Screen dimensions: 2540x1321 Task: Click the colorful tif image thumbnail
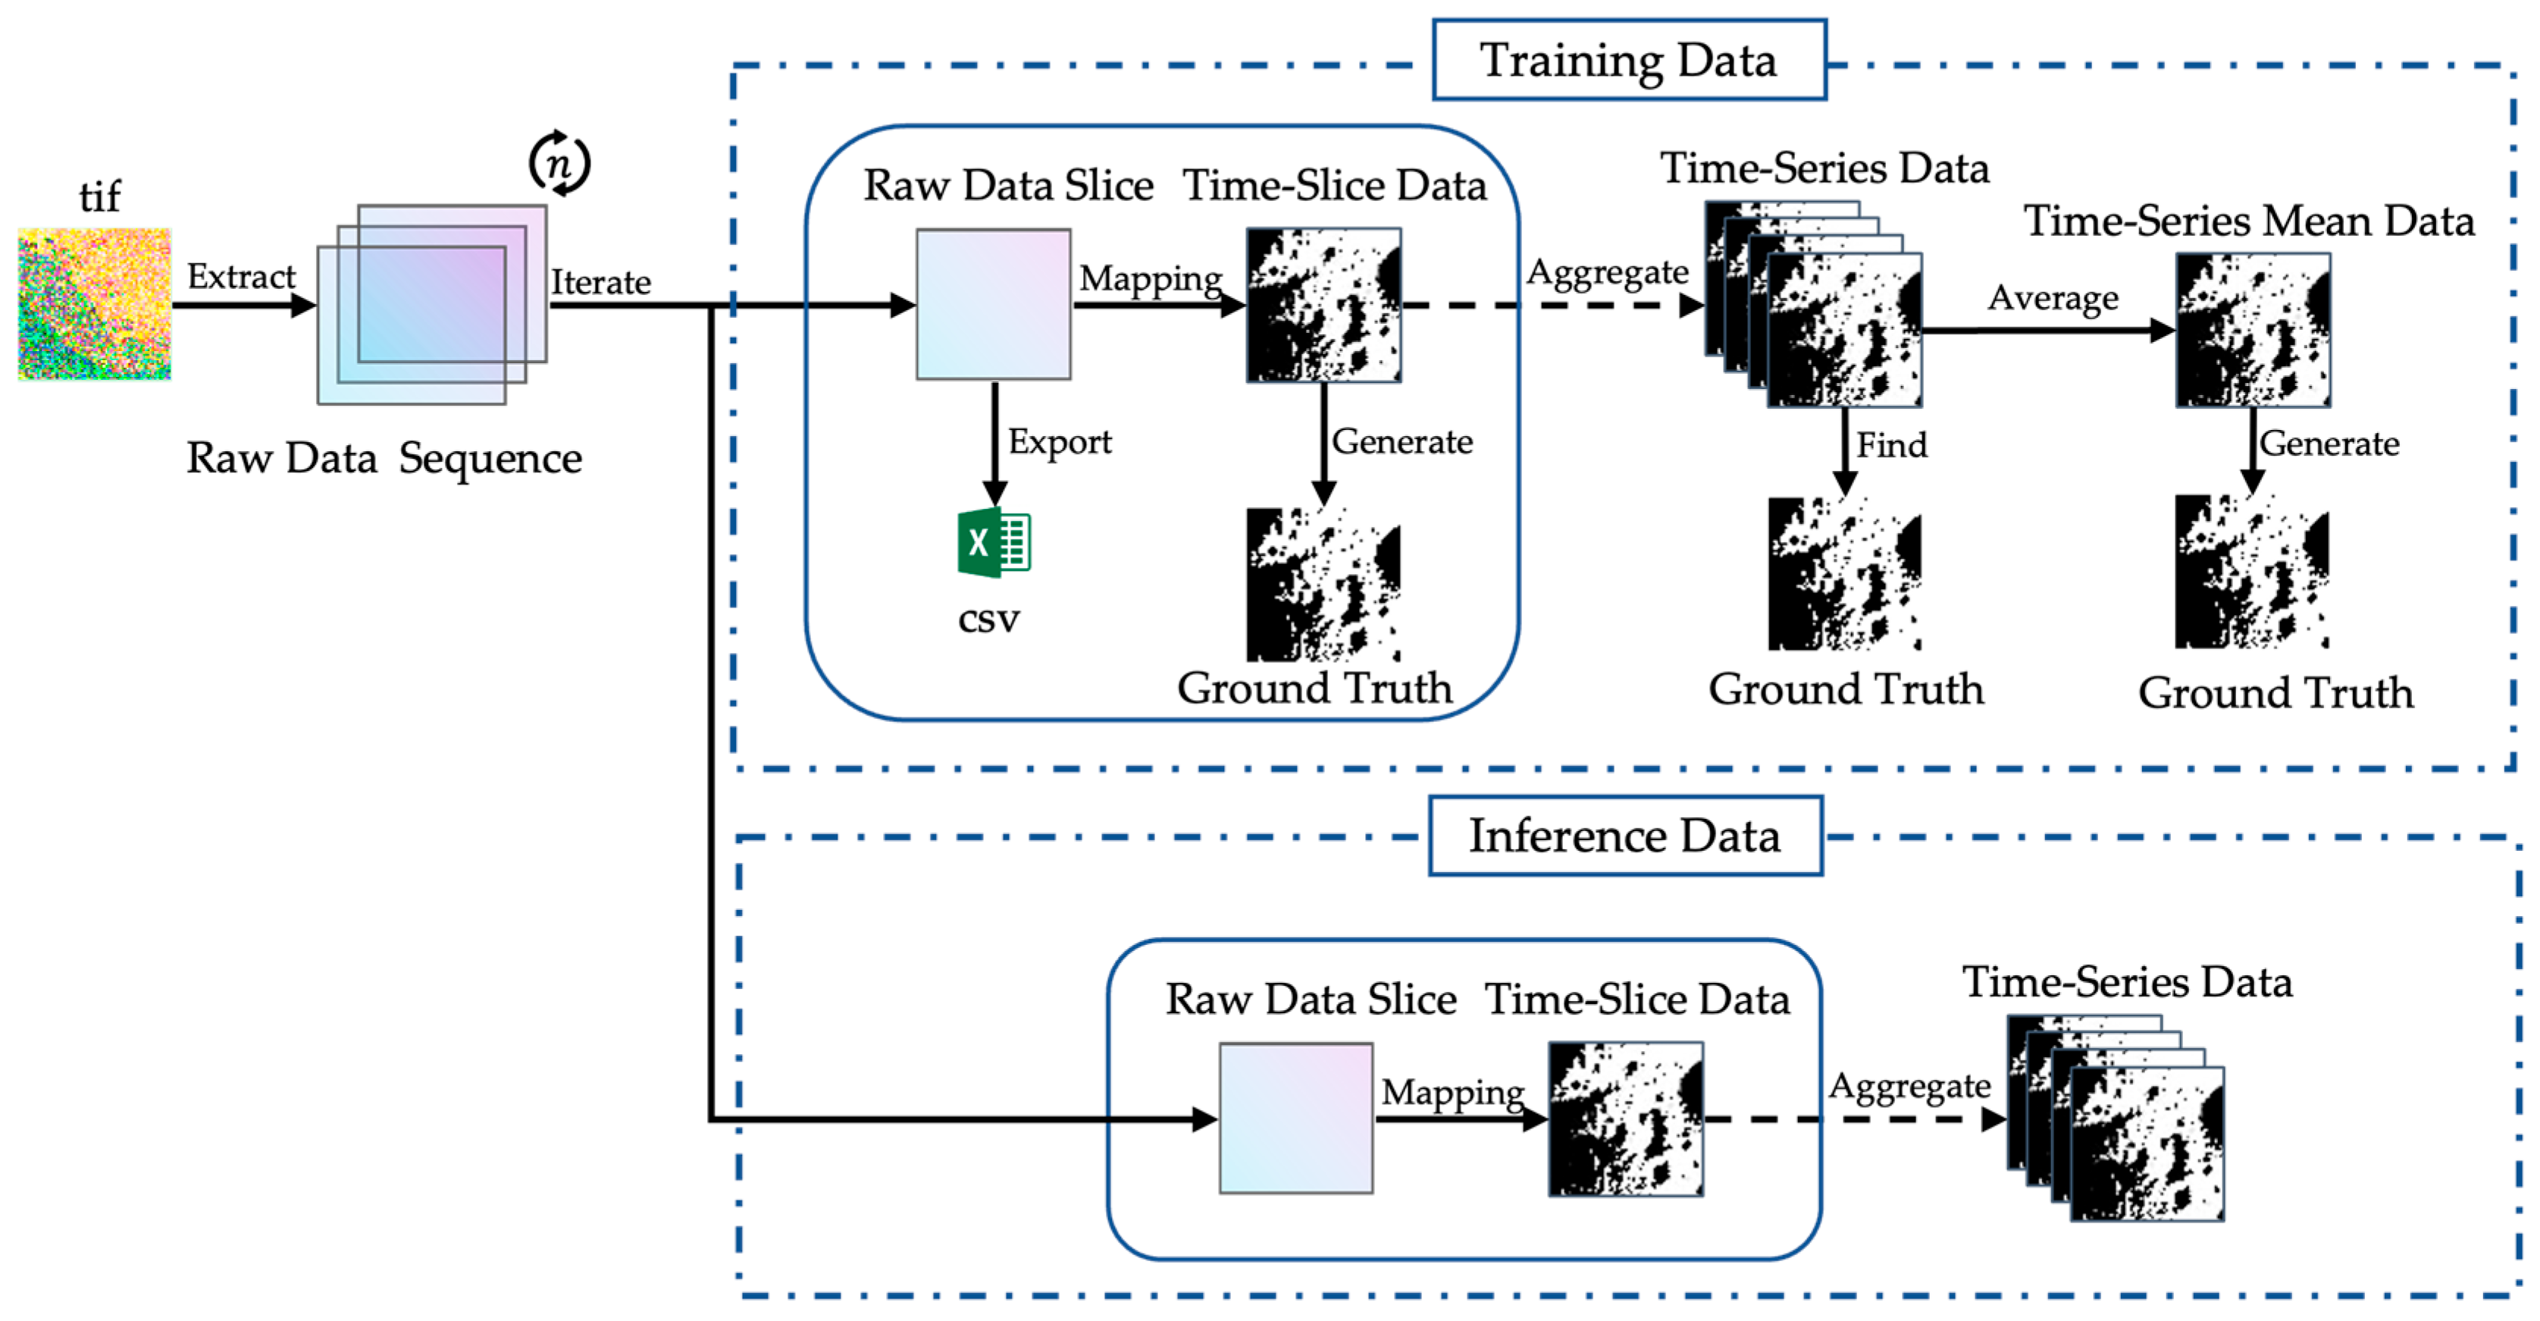pyautogui.click(x=95, y=304)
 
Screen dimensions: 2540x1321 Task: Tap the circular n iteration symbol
pyautogui.click(x=559, y=163)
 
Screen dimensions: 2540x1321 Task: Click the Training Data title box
pyautogui.click(x=1629, y=60)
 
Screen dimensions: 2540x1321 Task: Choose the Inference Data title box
pyautogui.click(x=1626, y=836)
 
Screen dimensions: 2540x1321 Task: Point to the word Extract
pyautogui.click(x=242, y=276)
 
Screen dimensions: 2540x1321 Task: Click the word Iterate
pyautogui.click(x=600, y=282)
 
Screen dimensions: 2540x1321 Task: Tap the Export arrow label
pyautogui.click(x=1060, y=442)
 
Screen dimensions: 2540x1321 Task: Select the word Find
pyautogui.click(x=1892, y=445)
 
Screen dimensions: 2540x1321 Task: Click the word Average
pyautogui.click(x=2053, y=298)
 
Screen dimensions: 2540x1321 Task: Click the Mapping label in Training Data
pyautogui.click(x=1151, y=280)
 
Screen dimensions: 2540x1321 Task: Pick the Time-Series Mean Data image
pyautogui.click(x=2253, y=331)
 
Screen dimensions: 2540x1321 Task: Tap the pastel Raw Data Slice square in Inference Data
pyautogui.click(x=1295, y=1118)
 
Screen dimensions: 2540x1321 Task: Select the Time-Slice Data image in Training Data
pyautogui.click(x=1323, y=305)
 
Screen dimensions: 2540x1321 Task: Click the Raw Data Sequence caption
pyautogui.click(x=384, y=459)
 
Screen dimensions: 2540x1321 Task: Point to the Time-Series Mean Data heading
pyautogui.click(x=2249, y=221)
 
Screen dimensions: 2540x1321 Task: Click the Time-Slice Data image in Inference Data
pyautogui.click(x=1625, y=1119)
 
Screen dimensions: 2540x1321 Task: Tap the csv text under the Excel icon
pyautogui.click(x=989, y=620)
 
